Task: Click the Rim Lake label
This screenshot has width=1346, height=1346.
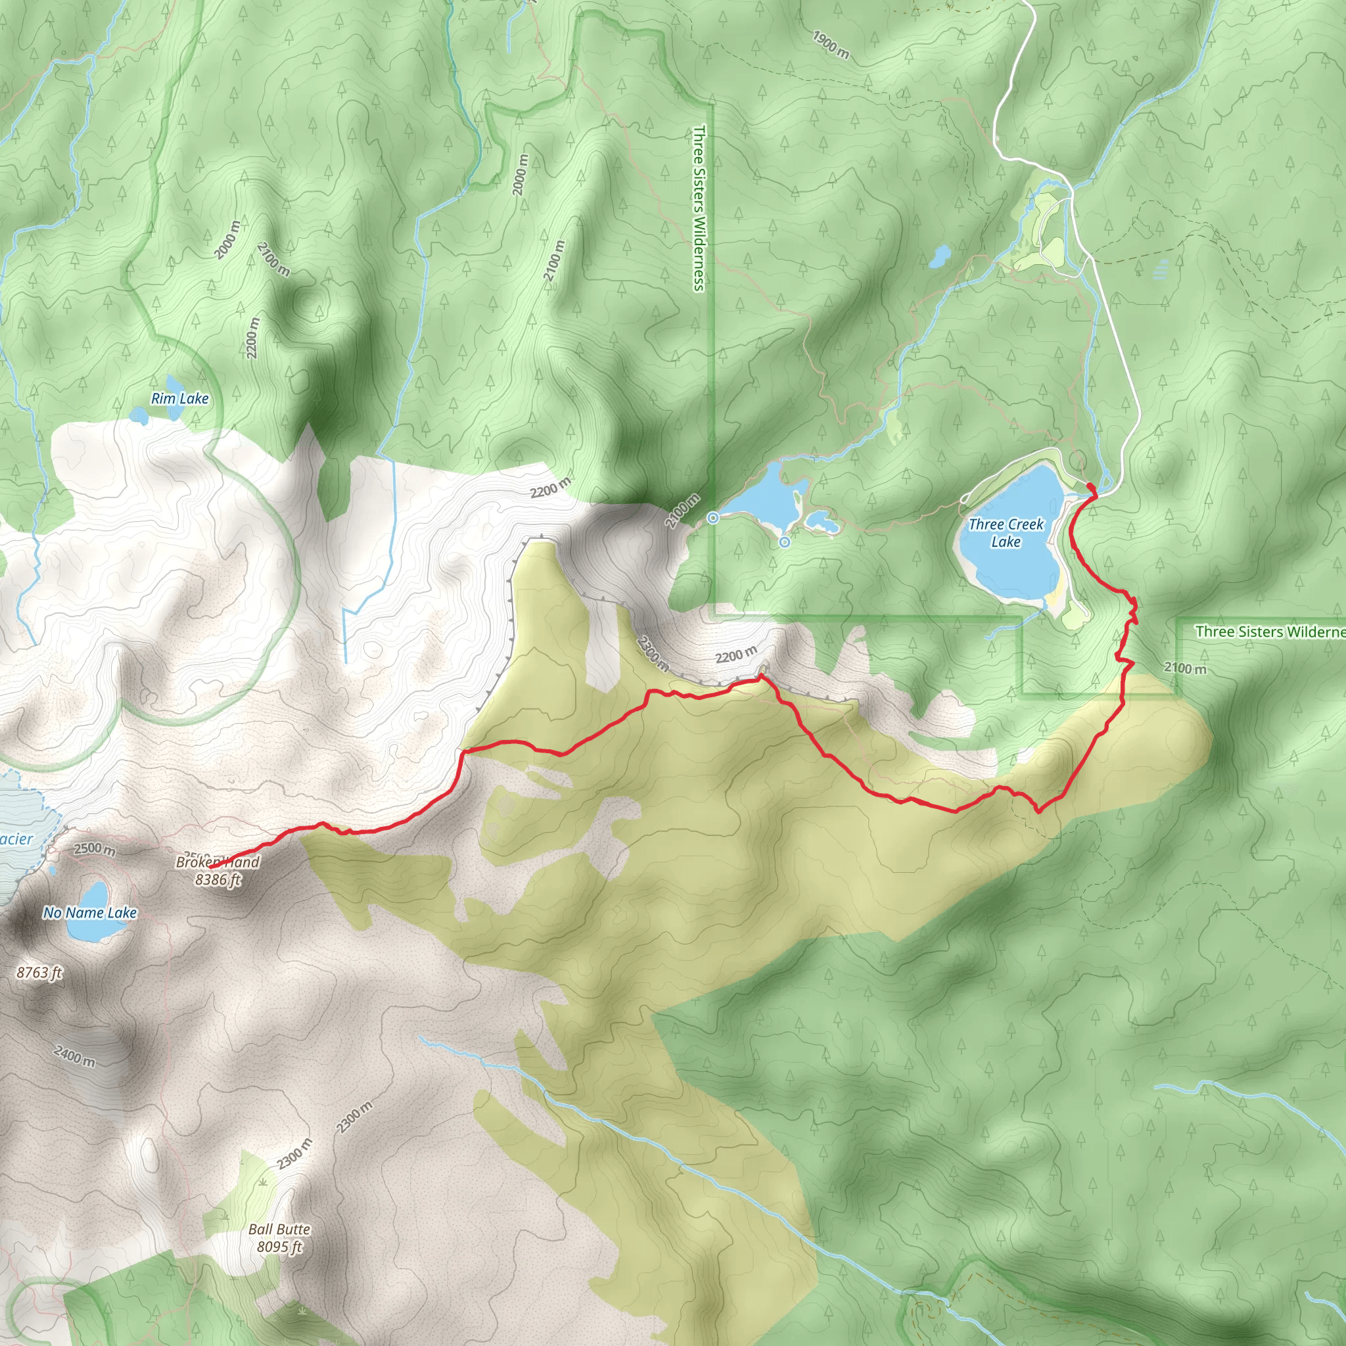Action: click(179, 398)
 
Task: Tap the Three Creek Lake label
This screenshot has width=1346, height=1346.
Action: click(1006, 533)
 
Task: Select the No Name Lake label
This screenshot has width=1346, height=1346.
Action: click(90, 913)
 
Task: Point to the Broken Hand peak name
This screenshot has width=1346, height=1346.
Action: click(218, 862)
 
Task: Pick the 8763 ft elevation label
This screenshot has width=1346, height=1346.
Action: click(39, 973)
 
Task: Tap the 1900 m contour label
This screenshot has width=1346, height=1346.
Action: click(831, 45)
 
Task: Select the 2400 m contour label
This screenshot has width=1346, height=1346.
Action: click(74, 1056)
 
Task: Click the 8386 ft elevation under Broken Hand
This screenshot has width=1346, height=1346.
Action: click(218, 880)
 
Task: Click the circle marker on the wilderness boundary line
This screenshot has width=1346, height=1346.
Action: click(712, 518)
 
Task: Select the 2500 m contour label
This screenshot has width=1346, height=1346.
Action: click(95, 848)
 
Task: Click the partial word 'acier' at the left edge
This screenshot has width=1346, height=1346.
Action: click(15, 839)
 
